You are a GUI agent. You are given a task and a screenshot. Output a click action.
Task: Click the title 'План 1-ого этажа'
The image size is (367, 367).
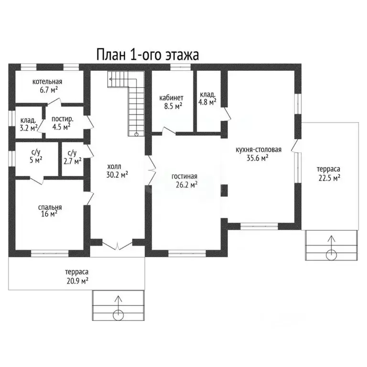tap(148, 54)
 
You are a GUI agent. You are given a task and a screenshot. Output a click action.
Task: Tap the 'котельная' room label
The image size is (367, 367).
tap(47, 82)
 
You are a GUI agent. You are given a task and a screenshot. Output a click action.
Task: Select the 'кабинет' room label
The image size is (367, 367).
tap(172, 98)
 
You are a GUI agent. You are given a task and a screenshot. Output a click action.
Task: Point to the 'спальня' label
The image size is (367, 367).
tap(50, 207)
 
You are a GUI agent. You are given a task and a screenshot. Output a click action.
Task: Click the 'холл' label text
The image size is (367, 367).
tap(114, 167)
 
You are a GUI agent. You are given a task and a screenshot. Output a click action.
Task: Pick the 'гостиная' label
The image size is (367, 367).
tap(184, 176)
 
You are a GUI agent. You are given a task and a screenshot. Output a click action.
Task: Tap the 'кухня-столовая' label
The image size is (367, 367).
tap(259, 150)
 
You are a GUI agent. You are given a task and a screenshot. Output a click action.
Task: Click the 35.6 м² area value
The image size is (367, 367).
tap(258, 158)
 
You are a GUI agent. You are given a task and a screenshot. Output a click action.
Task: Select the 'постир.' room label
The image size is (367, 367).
tap(62, 119)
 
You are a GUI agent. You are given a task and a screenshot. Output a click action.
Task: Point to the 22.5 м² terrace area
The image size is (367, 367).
tap(329, 178)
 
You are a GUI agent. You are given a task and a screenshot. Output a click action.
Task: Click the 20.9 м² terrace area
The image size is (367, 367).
tap(77, 281)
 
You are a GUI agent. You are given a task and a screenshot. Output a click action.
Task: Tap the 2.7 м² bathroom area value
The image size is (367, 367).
tap(73, 161)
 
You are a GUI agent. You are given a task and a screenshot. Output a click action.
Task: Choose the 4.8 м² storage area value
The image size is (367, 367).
tap(207, 102)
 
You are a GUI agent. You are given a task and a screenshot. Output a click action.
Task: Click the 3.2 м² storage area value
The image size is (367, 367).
tap(29, 128)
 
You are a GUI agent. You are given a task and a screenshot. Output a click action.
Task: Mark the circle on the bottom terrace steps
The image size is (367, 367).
tap(118, 315)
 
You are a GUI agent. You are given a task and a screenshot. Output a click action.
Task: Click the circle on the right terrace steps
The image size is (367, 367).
tap(332, 255)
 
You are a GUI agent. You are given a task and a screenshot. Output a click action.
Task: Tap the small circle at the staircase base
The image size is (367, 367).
tap(136, 134)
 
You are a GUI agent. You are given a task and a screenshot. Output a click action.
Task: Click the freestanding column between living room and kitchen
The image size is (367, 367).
tap(225, 190)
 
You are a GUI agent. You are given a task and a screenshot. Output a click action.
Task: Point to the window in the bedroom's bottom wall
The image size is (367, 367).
tap(50, 253)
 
